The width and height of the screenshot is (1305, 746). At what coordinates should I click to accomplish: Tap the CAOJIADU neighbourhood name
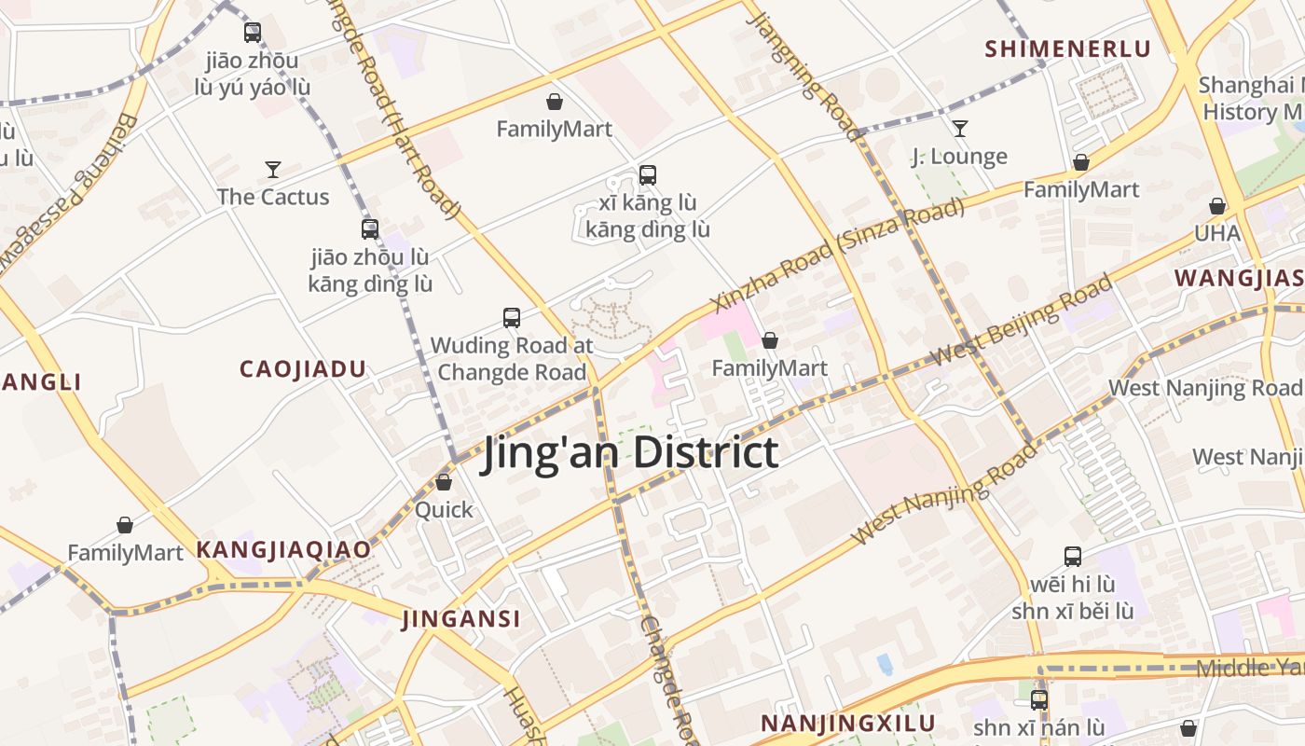303,369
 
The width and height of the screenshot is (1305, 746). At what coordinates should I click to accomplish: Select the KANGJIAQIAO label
283,550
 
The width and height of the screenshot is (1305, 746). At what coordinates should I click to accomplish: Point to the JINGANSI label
460,619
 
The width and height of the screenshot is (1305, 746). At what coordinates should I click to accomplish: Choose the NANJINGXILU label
847,724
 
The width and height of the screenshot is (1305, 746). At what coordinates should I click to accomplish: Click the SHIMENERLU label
1068,49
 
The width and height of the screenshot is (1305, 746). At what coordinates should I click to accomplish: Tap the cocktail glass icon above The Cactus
273,169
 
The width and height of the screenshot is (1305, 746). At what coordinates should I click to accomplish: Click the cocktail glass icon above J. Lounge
959,129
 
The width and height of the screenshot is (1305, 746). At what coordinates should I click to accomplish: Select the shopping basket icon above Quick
444,482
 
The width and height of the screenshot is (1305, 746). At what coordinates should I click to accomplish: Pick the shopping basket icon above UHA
1217,206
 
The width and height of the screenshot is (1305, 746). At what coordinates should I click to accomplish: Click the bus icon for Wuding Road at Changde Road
512,318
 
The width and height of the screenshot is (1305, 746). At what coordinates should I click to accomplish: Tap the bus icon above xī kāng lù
648,174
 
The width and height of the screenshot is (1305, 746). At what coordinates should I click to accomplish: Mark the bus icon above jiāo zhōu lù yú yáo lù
253,33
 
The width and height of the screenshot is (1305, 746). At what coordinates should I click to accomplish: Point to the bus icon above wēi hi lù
1073,557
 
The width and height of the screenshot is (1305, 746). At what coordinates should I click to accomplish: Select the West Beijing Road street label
1022,320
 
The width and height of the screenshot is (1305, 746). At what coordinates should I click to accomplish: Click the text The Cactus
273,197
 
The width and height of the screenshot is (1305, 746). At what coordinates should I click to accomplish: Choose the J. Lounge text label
959,157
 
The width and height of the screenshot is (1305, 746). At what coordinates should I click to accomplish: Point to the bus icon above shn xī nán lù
1039,699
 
